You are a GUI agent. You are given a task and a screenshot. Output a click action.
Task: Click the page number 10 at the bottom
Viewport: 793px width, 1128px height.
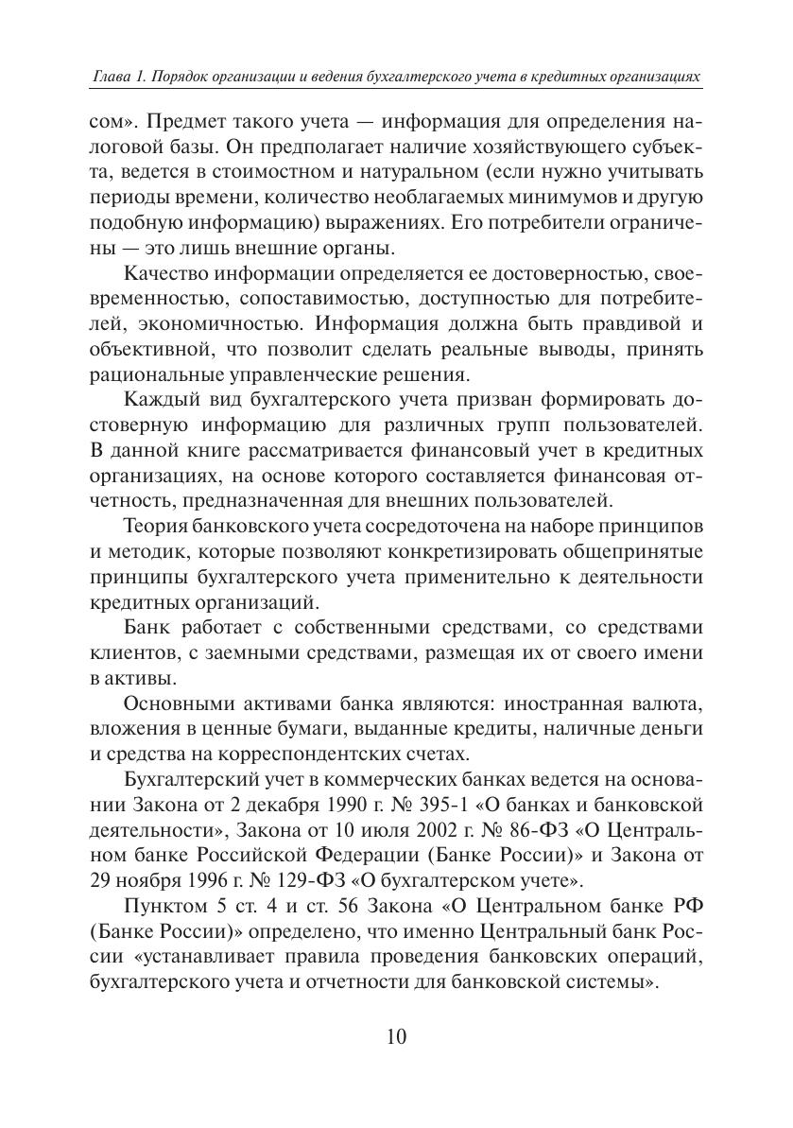(396, 1035)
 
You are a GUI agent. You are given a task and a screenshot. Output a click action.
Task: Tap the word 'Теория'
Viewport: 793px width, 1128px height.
(156, 525)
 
